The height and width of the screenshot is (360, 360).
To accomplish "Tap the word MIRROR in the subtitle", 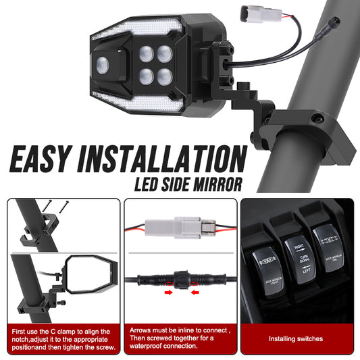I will point(219,184).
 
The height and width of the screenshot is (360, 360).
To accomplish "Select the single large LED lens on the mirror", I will point(103,64).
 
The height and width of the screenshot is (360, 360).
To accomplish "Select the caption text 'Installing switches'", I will point(295,338).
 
